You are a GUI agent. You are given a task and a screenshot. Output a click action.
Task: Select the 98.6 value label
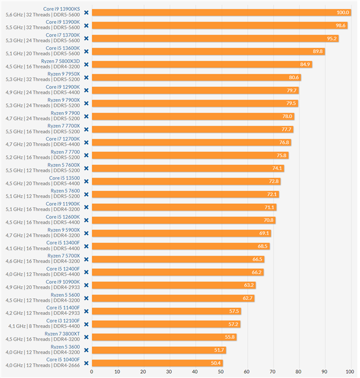point(341,25)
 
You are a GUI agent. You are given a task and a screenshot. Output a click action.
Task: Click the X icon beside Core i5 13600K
point(86,51)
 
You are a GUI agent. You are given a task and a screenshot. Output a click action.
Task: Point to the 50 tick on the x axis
point(221,371)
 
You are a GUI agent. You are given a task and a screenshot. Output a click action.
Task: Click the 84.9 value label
point(305,64)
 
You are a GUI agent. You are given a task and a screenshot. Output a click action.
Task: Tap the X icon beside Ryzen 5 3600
point(86,350)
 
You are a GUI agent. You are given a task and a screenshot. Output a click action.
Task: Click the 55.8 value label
point(230,337)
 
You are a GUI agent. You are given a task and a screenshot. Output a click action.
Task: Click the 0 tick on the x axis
point(92,371)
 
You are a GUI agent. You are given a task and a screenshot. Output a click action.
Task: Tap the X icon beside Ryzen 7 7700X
point(86,129)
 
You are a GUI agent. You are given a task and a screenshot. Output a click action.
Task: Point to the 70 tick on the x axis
point(273,371)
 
